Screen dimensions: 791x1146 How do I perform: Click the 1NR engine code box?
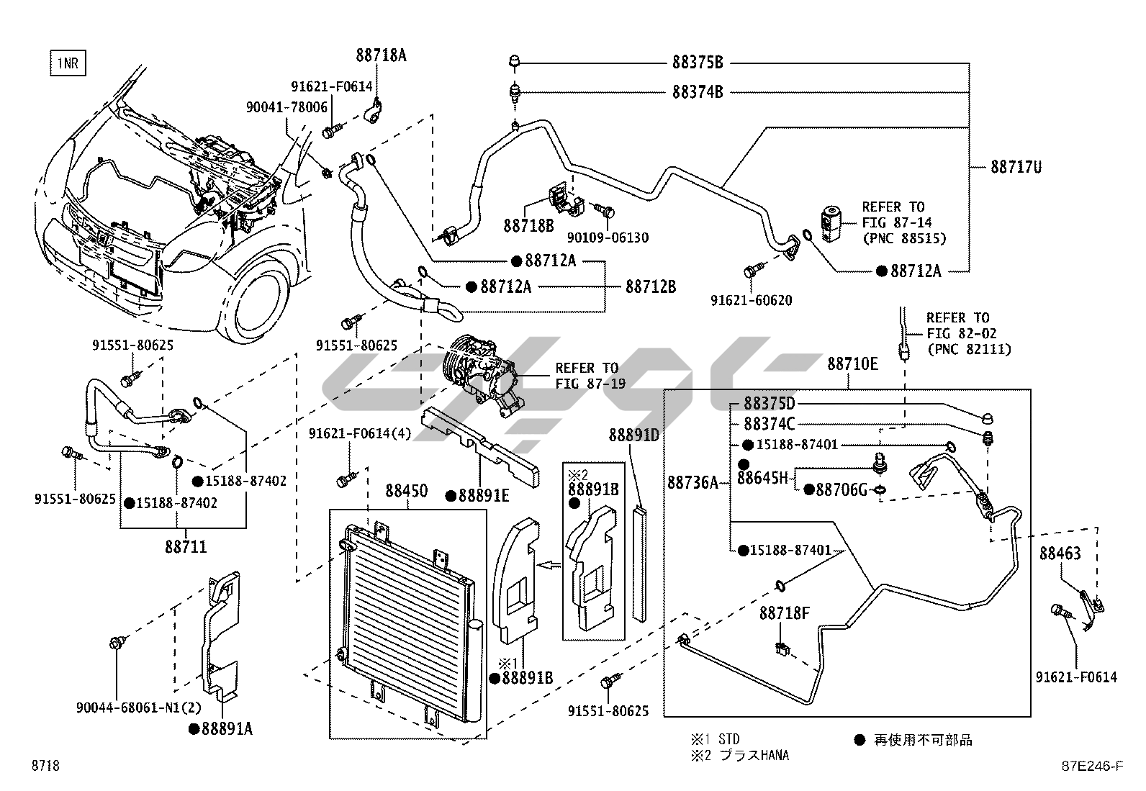point(67,63)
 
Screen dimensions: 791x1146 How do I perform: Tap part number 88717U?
point(1016,167)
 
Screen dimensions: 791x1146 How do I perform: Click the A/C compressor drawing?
point(482,374)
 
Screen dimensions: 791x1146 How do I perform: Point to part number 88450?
point(406,492)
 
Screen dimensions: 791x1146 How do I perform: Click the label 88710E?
point(852,364)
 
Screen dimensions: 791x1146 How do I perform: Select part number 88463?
point(1060,553)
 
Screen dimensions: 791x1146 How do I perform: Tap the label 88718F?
point(785,613)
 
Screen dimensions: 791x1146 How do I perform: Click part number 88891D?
point(634,435)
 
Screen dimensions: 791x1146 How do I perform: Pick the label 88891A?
point(226,729)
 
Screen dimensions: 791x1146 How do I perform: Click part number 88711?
point(186,547)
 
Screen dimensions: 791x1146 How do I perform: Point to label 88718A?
point(381,55)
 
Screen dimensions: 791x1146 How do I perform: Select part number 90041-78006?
point(286,107)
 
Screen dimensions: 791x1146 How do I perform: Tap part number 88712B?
point(651,286)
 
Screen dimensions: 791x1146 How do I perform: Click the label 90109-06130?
point(608,238)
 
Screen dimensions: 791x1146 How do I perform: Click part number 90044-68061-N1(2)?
point(127,709)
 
